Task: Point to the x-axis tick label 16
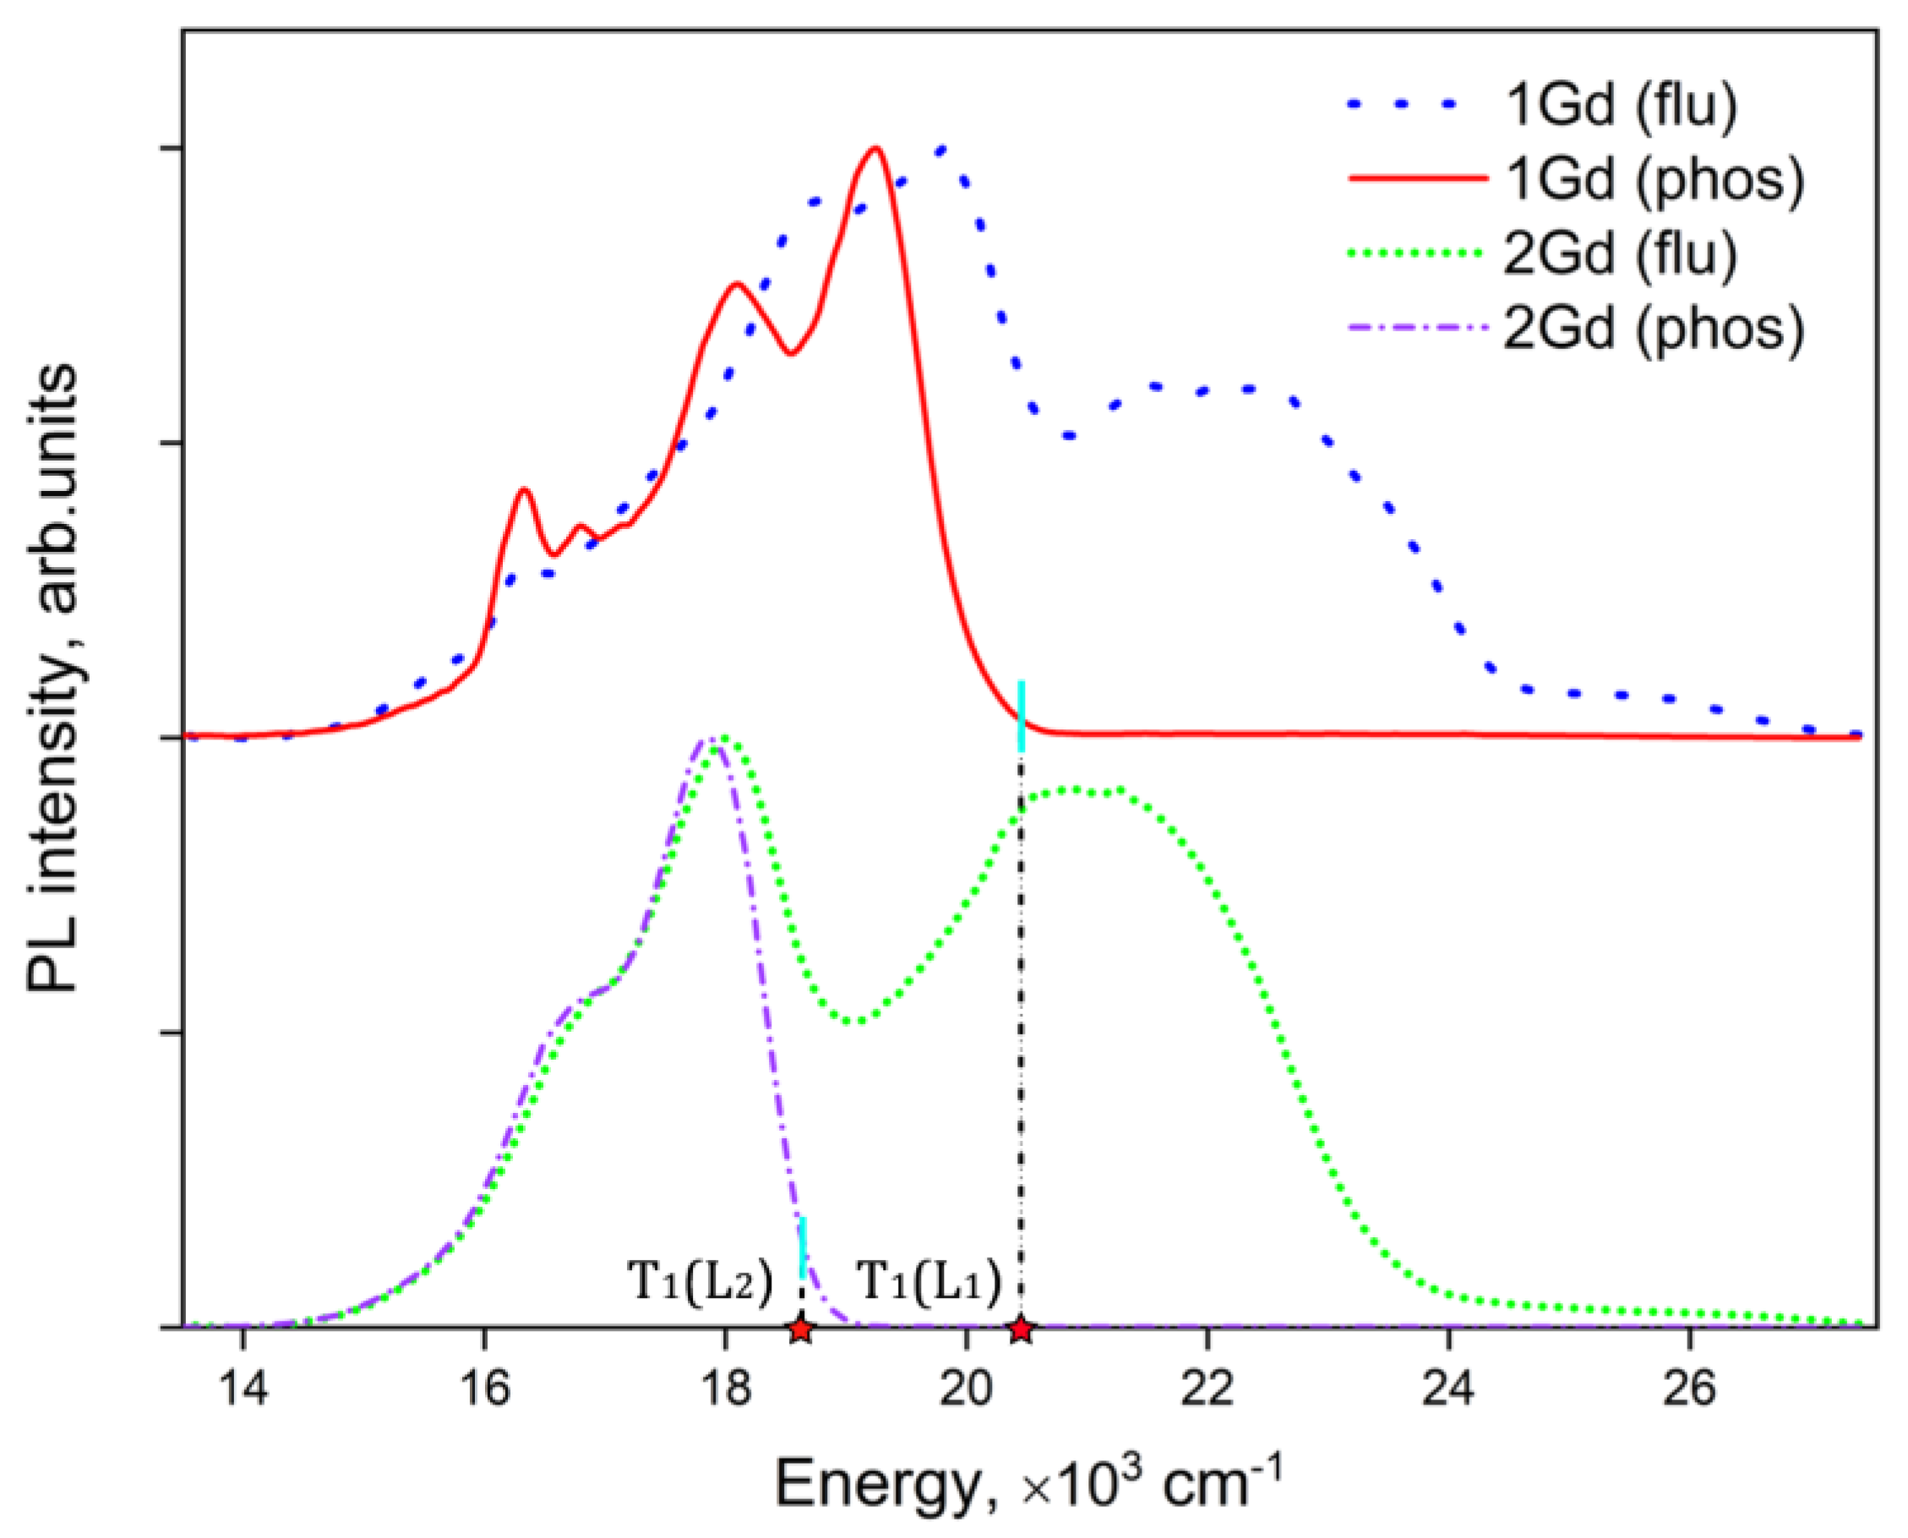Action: point(483,1388)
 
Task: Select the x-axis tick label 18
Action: point(724,1388)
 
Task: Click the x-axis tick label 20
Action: point(966,1388)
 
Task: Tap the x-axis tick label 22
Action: point(1207,1388)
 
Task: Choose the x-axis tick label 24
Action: point(1448,1388)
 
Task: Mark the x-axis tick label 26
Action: point(1689,1388)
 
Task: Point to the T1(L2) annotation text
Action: point(700,1282)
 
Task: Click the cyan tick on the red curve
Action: point(1022,716)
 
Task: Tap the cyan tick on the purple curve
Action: point(803,1247)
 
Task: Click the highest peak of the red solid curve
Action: point(875,149)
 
